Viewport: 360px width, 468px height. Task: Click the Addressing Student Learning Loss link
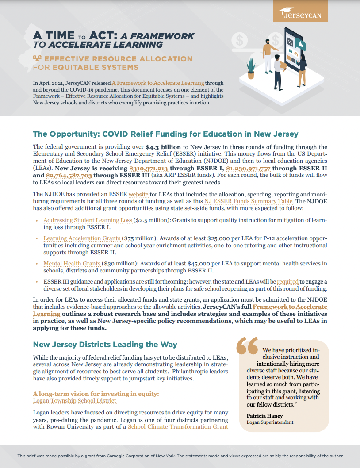[88, 220]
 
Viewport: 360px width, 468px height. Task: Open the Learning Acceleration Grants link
[82, 238]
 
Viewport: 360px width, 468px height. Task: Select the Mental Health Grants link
[71, 263]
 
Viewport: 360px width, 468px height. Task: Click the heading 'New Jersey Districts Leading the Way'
[105, 345]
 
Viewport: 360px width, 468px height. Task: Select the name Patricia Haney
[264, 416]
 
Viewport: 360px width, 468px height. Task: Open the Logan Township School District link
[74, 401]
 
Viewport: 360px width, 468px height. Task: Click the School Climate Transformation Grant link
[178, 427]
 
